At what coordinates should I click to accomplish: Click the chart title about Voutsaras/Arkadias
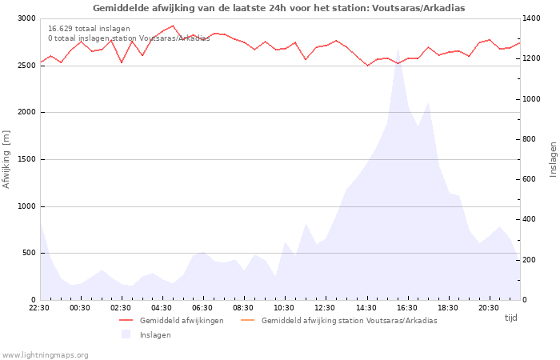[278, 8]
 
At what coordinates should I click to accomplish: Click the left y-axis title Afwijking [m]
[6, 159]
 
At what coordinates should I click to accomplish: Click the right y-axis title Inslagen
[552, 159]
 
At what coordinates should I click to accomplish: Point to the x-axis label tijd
[510, 318]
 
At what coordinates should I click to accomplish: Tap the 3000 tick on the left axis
[26, 18]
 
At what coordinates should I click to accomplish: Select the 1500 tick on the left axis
[26, 159]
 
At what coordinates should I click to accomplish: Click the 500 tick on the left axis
[29, 253]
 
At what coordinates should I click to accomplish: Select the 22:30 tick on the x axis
[39, 307]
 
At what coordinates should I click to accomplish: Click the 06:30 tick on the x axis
[202, 307]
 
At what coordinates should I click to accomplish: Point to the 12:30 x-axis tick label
[325, 307]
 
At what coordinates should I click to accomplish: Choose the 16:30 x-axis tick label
[406, 307]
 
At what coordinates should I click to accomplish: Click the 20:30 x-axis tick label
[488, 307]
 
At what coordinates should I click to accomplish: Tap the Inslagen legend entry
[154, 335]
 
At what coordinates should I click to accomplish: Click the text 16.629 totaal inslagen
[89, 29]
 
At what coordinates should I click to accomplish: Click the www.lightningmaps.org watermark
[46, 355]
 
